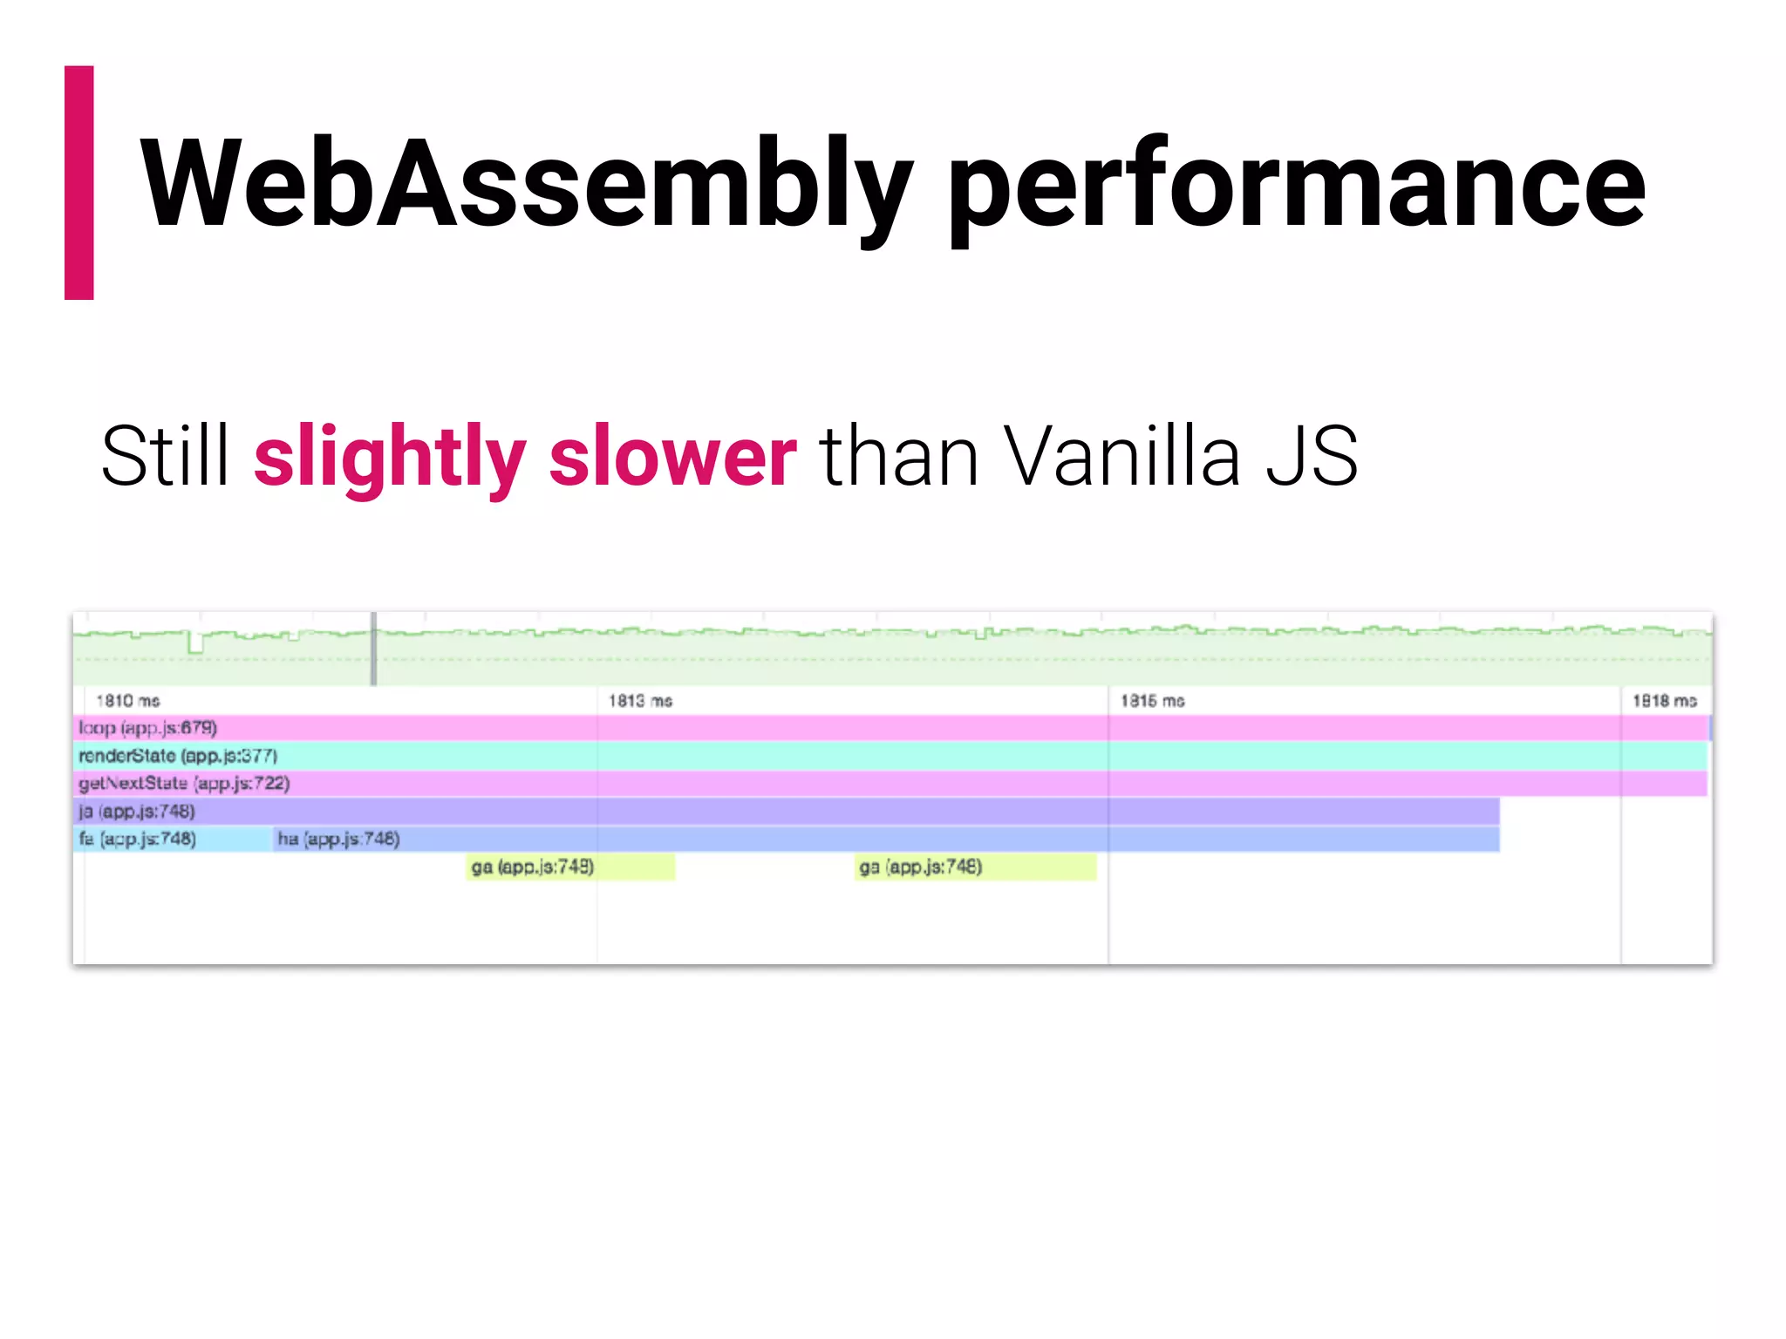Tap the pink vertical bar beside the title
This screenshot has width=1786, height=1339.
[79, 183]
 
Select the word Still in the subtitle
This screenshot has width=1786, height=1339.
[165, 456]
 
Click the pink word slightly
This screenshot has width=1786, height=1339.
[390, 458]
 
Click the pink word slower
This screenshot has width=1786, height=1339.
[672, 458]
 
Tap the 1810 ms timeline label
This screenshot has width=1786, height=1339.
[128, 701]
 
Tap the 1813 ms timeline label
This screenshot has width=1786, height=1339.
[640, 701]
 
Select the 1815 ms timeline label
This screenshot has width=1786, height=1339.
[1152, 701]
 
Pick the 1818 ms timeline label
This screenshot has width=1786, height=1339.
[1664, 701]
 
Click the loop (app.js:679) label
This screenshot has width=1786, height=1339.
[147, 728]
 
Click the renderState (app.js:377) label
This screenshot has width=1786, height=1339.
[178, 756]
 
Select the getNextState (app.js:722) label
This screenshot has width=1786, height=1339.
[184, 784]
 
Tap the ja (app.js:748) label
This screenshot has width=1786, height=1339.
[137, 812]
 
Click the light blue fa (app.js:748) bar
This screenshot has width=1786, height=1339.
[173, 839]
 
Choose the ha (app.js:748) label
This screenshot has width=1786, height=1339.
[338, 839]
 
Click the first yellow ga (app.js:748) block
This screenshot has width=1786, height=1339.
[570, 867]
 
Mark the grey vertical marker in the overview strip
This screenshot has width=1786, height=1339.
[374, 649]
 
